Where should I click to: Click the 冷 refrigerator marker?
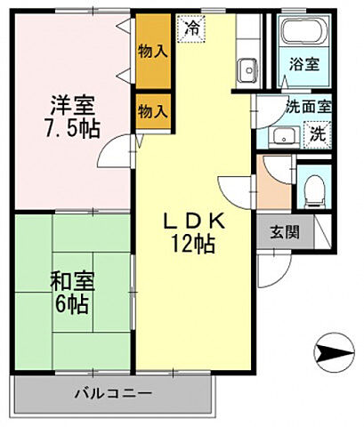click(x=192, y=29)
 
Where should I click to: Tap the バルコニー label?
click(x=114, y=391)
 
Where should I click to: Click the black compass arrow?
click(x=336, y=354)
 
